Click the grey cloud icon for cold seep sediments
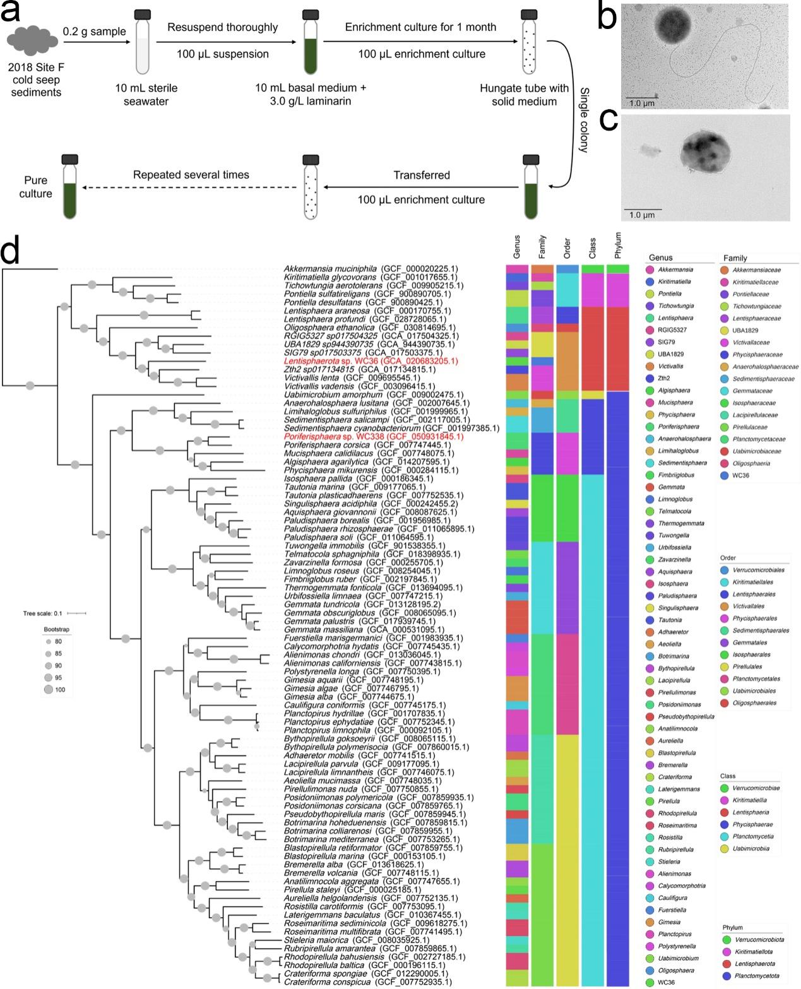[32, 41]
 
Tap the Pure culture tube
[69, 186]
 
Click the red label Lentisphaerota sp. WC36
[371, 361]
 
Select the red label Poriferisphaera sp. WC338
[374, 437]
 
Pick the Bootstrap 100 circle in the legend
[49, 689]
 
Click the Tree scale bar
[76, 613]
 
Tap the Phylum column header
[617, 246]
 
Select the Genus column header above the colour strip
[517, 247]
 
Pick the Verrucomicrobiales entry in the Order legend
[752, 570]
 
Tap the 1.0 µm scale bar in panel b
[641, 98]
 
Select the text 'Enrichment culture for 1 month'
[420, 27]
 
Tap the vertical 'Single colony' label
[584, 120]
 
